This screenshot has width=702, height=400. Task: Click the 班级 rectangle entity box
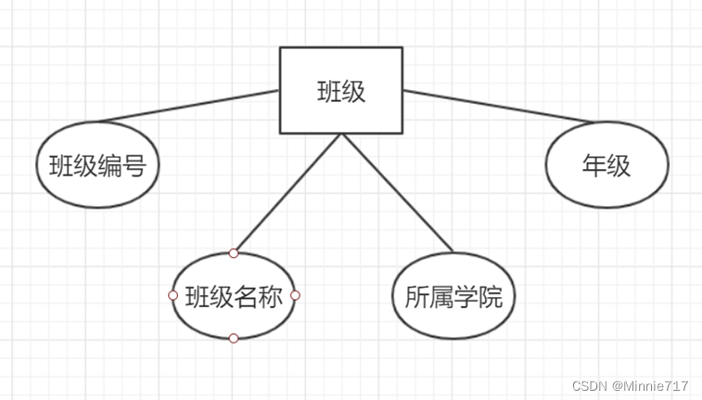[341, 90]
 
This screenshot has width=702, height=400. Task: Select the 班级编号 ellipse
[97, 166]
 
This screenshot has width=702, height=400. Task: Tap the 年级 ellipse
[606, 165]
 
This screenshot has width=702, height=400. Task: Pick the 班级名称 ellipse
[234, 296]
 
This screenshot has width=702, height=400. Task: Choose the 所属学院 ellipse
[453, 296]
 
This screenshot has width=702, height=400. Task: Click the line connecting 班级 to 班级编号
[185, 107]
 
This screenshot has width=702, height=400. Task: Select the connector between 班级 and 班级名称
[287, 193]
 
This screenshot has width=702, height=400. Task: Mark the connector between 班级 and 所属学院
[397, 192]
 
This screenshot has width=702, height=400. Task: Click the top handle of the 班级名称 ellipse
[234, 253]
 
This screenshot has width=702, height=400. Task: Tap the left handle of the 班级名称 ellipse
[172, 296]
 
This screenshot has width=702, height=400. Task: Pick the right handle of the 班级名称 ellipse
[296, 296]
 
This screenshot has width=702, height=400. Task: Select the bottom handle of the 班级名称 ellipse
[234, 339]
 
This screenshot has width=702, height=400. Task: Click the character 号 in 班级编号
[134, 167]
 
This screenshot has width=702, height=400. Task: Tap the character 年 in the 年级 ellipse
[594, 165]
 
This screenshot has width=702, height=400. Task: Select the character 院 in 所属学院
[490, 297]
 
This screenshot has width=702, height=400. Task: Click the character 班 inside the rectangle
[329, 91]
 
